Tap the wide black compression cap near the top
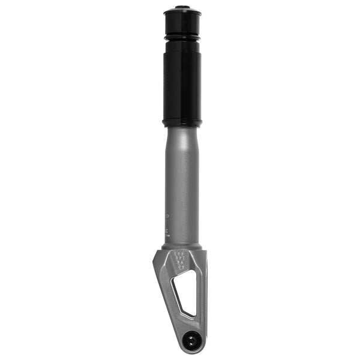(182, 24)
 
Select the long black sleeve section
(182, 84)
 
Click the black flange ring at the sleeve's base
(182, 123)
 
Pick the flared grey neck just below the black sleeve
(182, 135)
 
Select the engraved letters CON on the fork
(179, 254)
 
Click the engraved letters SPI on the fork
(179, 259)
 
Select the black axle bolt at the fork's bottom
(191, 340)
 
